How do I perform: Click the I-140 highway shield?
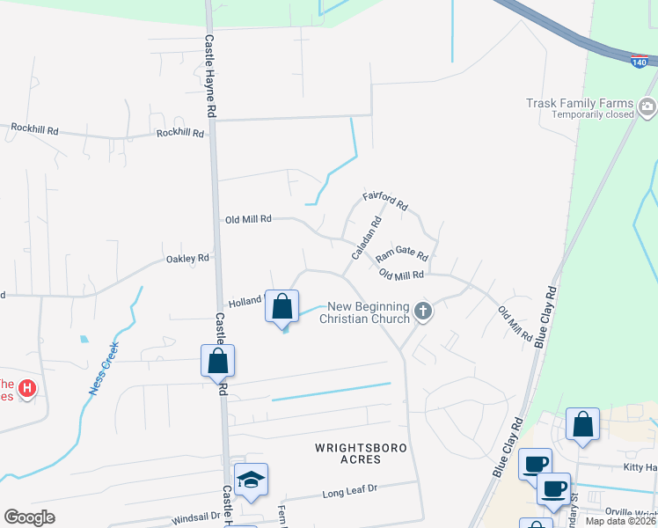pyautogui.click(x=640, y=62)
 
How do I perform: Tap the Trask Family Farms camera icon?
pyautogui.click(x=648, y=107)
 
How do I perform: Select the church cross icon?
pyautogui.click(x=423, y=311)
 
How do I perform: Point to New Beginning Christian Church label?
pyautogui.click(x=368, y=312)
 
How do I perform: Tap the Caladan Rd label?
pyautogui.click(x=366, y=238)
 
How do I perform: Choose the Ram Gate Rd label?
pyautogui.click(x=402, y=256)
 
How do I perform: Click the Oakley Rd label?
pyautogui.click(x=187, y=259)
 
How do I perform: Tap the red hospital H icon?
pyautogui.click(x=27, y=387)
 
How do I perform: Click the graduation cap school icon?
pyautogui.click(x=251, y=480)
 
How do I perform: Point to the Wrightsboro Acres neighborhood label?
pyautogui.click(x=361, y=453)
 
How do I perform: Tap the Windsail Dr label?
pyautogui.click(x=196, y=515)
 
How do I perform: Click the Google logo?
pyautogui.click(x=30, y=517)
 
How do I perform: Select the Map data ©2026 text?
pyautogui.click(x=620, y=521)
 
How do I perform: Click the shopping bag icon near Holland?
pyautogui.click(x=282, y=307)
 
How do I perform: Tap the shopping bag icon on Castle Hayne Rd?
pyautogui.click(x=217, y=361)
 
